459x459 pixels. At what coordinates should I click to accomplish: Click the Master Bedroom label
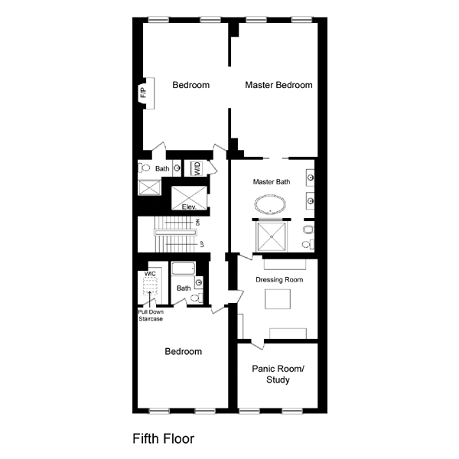pos(278,85)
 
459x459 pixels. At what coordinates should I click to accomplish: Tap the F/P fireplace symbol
pos(146,93)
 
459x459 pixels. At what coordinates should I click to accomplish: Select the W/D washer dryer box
pos(197,168)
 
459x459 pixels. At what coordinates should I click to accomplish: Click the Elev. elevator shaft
pos(189,198)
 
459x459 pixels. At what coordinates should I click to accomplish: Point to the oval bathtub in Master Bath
pos(270,204)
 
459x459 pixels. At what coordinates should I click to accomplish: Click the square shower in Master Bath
pos(272,236)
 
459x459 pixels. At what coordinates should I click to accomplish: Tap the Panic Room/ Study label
pos(278,374)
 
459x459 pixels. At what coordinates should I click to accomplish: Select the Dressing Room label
pos(279,279)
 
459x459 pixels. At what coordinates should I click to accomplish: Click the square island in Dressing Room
pos(278,299)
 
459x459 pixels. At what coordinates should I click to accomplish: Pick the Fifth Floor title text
pos(164,438)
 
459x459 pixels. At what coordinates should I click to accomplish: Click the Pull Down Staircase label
pos(151,315)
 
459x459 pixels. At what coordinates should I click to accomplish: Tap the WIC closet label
pos(150,274)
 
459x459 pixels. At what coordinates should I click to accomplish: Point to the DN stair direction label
pos(198,223)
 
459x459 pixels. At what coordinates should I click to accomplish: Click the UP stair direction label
pos(202,244)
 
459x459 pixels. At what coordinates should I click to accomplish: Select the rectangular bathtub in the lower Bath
pos(184,269)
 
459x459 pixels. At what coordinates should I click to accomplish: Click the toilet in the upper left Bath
pos(144,168)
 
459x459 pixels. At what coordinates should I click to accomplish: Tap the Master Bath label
pos(272,182)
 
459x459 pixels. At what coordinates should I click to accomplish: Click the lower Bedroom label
pos(184,351)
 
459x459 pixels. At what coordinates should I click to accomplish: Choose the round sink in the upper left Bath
pos(177,168)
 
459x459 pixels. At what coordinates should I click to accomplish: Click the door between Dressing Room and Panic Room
pos(258,344)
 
